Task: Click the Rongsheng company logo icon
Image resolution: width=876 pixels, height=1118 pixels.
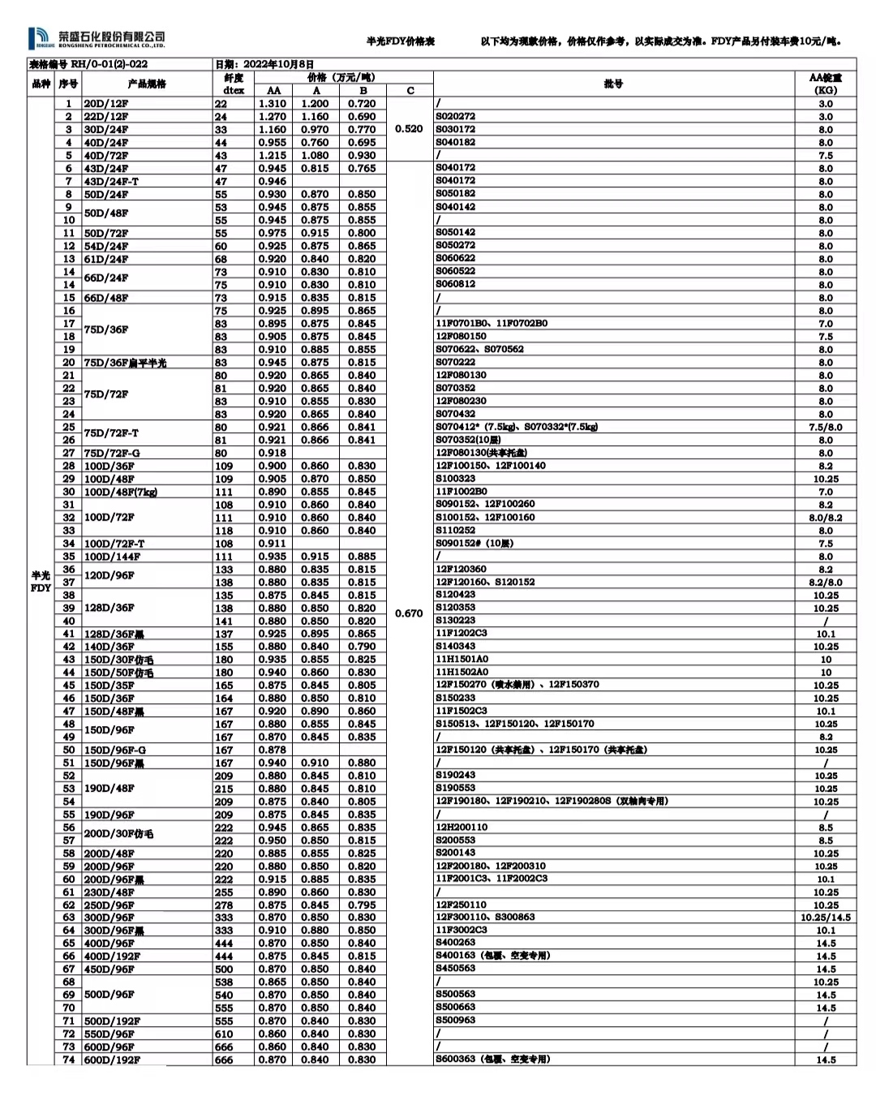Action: coord(41,38)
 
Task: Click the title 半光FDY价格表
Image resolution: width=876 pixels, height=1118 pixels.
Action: coord(401,41)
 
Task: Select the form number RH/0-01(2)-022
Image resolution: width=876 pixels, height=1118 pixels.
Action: coord(109,64)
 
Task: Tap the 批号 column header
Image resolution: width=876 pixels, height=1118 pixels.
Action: coord(613,84)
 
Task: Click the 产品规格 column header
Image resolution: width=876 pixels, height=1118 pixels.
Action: coord(146,84)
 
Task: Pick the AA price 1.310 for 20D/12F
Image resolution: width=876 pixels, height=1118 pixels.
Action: coord(273,104)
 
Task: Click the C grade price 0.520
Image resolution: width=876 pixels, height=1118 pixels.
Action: coord(410,129)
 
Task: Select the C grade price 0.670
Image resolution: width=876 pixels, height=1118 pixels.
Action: coord(410,613)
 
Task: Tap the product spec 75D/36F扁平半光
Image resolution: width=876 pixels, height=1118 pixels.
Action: coord(125,363)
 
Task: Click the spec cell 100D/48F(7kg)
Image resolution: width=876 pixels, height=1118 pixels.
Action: coord(121,492)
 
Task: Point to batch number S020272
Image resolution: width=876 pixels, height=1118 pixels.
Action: coord(456,117)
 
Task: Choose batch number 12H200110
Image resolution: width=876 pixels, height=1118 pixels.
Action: coord(462,828)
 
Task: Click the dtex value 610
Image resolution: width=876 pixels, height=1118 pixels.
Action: coord(224,1034)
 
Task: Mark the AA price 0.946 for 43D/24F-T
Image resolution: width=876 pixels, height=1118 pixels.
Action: coord(273,182)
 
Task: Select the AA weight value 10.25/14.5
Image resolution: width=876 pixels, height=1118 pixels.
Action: coord(826,918)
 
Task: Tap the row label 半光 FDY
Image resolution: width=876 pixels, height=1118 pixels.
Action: coord(41,582)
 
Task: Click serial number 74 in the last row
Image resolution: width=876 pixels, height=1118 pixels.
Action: coord(69,1060)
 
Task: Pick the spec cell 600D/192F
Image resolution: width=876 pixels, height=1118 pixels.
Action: coord(112,1060)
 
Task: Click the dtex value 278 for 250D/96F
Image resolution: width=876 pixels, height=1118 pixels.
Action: coord(224,905)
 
